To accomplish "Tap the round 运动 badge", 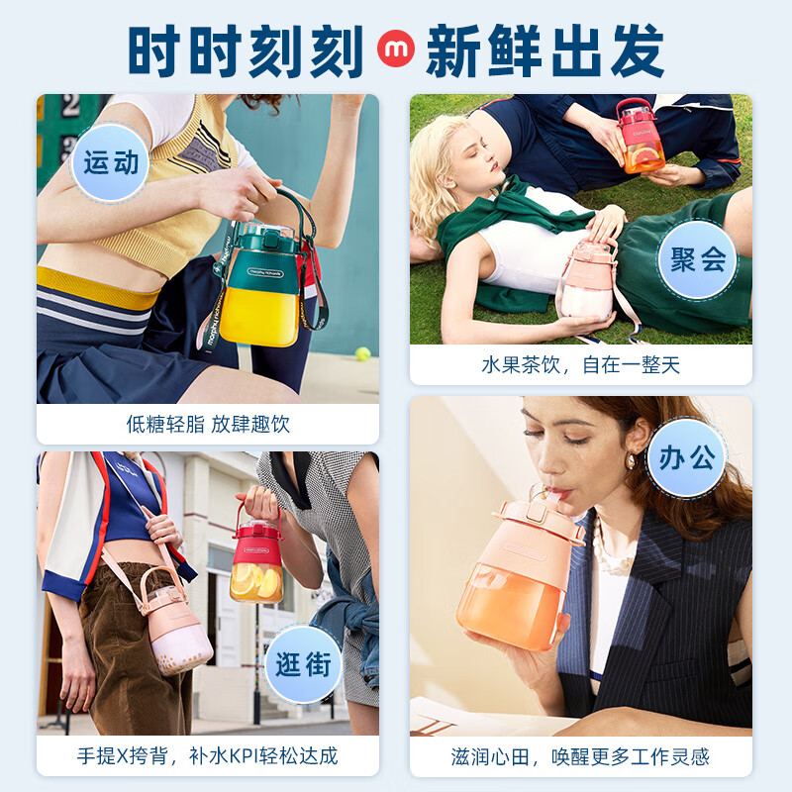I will pos(110,162).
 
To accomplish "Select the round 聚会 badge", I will pos(697,259).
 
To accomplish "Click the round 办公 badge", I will pos(686,458).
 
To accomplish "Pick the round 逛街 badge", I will pos(304,664).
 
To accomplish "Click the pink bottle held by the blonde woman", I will pos(585,283).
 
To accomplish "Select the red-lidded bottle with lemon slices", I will pos(256,562).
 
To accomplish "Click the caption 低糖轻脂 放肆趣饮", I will pos(208,425).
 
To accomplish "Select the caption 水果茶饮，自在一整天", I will pos(580,365).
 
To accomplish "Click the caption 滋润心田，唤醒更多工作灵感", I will pos(580,756).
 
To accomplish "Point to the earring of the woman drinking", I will pos(630,462).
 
